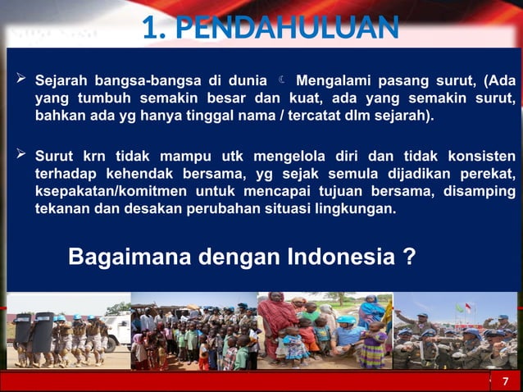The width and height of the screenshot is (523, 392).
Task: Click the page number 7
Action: [x=505, y=381]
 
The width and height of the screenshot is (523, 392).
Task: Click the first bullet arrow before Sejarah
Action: [x=21, y=81]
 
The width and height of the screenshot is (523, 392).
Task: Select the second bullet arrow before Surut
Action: [x=21, y=155]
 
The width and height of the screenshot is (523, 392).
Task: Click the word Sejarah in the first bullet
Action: [x=62, y=82]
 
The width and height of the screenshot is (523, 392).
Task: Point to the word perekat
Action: [x=488, y=173]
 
